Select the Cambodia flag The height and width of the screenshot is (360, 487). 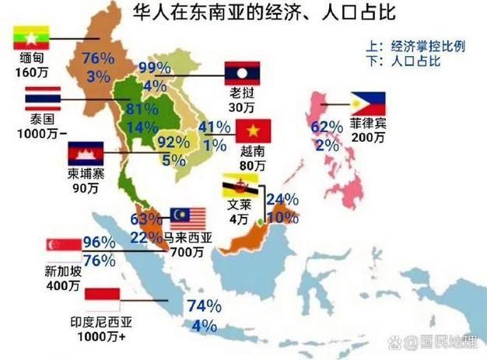[x=86, y=153]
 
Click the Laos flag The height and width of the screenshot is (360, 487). [x=241, y=73]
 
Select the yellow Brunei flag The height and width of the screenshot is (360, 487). [x=238, y=186]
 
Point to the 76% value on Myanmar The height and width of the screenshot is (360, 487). [x=99, y=58]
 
